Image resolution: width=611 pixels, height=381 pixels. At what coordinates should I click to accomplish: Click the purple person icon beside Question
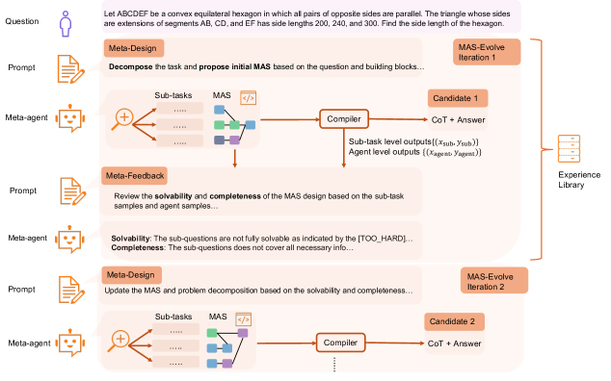[66, 24]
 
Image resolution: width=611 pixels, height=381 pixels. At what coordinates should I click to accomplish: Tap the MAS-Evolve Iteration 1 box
[487, 52]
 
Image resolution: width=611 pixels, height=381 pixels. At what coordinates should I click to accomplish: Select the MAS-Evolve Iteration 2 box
[494, 281]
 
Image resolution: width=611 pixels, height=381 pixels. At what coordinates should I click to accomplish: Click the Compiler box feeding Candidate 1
[344, 119]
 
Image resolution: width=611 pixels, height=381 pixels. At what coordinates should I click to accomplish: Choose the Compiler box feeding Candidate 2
[340, 343]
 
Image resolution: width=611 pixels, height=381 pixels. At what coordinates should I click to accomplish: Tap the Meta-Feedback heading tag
[134, 176]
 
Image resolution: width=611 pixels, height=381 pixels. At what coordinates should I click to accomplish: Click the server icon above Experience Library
[569, 149]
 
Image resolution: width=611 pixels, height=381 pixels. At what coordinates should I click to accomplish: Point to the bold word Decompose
[130, 67]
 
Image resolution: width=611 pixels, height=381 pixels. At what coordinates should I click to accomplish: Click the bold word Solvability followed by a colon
[130, 239]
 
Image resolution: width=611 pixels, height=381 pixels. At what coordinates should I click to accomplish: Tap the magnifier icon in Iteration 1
[122, 119]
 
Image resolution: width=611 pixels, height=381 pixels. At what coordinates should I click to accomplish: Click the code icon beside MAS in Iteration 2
[244, 319]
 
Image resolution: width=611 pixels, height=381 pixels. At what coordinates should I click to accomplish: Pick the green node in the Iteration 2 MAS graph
[212, 333]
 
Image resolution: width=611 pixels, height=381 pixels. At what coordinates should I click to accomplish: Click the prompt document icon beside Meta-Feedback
[73, 191]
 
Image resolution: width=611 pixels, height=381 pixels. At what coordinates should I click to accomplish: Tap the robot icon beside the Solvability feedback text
[69, 239]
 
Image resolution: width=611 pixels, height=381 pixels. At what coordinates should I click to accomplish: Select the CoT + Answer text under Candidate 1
[458, 120]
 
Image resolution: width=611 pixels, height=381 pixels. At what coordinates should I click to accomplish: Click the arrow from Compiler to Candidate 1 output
[398, 119]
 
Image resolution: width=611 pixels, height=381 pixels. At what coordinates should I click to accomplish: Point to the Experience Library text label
[579, 180]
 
